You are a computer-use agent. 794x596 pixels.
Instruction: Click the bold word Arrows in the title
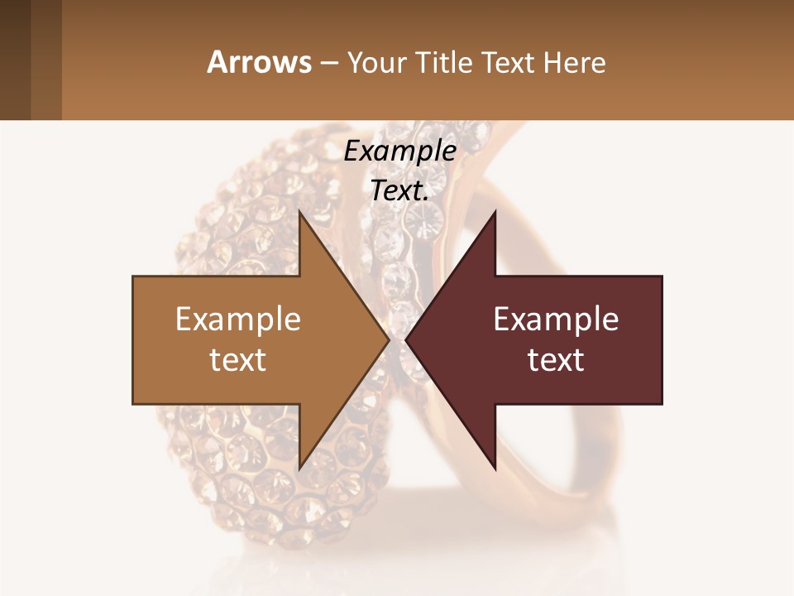pyautogui.click(x=259, y=62)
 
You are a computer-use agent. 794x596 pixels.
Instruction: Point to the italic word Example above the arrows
pyautogui.click(x=399, y=151)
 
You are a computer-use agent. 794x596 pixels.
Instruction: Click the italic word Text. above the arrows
pyautogui.click(x=399, y=191)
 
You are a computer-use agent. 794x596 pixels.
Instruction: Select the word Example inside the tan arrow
pyautogui.click(x=237, y=320)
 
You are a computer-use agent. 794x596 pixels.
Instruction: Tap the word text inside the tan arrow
pyautogui.click(x=237, y=360)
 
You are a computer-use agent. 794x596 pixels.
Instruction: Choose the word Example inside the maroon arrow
pyautogui.click(x=556, y=320)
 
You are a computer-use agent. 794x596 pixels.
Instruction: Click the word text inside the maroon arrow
pyautogui.click(x=556, y=360)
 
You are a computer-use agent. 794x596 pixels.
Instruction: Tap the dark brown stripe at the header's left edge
pyautogui.click(x=15, y=60)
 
